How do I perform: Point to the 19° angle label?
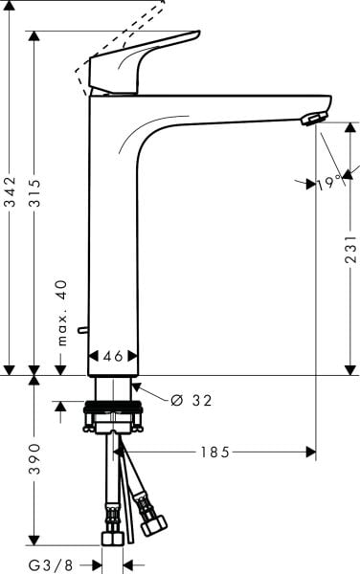coord(329,182)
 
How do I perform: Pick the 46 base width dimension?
coord(113,356)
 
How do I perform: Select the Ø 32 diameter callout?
coord(191,400)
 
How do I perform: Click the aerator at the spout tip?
coord(312,118)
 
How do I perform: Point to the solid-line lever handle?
coord(144,59)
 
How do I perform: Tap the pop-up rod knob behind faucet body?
coord(83,331)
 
